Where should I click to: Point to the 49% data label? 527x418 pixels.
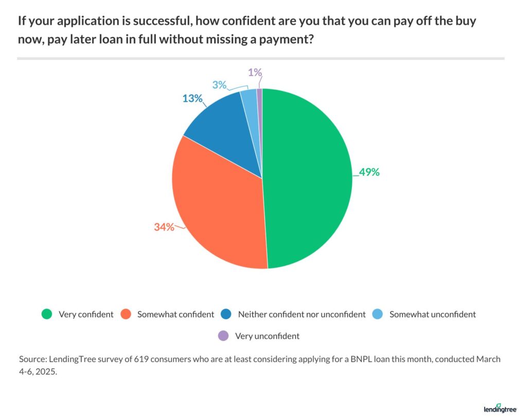[369, 173]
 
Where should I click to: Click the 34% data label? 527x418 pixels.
[164, 226]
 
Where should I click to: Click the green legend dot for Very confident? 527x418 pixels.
[47, 314]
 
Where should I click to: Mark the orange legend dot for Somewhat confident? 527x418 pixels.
[126, 314]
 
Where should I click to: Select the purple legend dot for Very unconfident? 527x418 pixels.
[223, 336]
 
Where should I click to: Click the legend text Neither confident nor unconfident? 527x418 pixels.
[302, 314]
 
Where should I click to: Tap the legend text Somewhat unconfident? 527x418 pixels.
[432, 314]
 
